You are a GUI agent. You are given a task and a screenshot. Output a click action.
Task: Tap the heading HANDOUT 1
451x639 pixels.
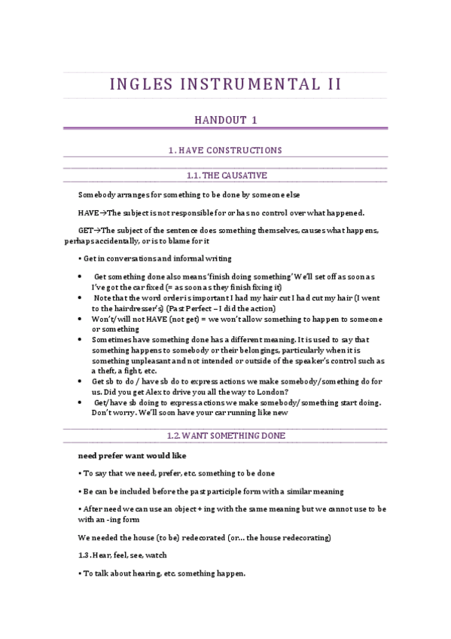coord(226,119)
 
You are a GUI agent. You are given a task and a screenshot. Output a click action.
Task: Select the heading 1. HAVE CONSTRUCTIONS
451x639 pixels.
coord(226,151)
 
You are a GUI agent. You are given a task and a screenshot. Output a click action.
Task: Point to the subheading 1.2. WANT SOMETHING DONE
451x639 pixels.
coord(226,436)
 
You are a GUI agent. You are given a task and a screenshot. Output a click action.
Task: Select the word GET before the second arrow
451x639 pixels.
coord(85,230)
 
